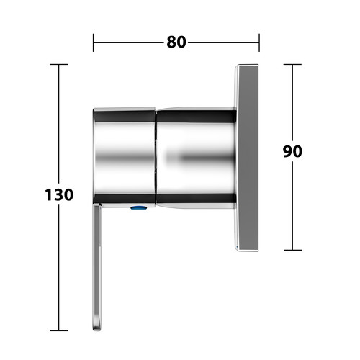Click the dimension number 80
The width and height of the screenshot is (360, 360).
176,42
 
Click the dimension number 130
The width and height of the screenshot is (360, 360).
59,194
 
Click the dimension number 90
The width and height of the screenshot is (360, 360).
292,151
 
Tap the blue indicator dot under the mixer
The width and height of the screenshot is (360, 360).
139,207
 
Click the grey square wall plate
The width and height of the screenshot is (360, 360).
246,158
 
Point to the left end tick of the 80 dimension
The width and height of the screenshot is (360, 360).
94,42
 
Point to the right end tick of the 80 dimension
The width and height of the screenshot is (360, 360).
259,42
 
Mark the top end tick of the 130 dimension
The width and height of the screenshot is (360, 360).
59,64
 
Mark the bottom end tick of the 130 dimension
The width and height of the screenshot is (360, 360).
59,330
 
